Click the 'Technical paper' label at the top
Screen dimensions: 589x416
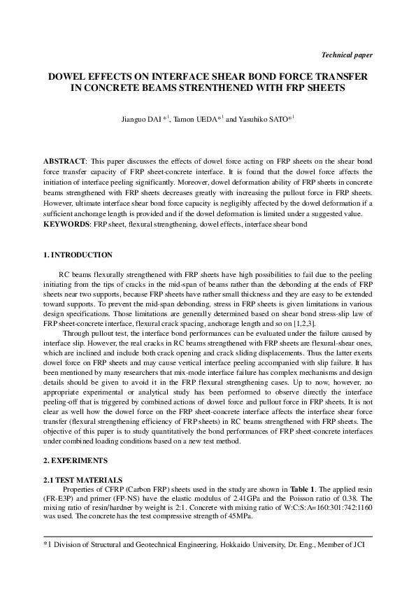click(x=346, y=55)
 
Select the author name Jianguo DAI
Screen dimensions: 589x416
click(x=142, y=120)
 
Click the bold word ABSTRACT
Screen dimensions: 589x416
click(x=64, y=162)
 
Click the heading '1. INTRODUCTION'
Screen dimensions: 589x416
click(x=78, y=255)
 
